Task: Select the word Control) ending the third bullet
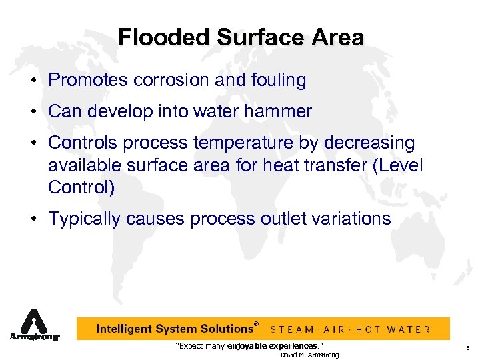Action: pyautogui.click(x=81, y=187)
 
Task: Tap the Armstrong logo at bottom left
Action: pyautogui.click(x=34, y=327)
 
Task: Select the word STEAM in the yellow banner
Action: pyautogui.click(x=292, y=329)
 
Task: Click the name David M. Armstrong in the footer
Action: pyautogui.click(x=309, y=355)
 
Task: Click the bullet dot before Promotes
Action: pyautogui.click(x=33, y=81)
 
